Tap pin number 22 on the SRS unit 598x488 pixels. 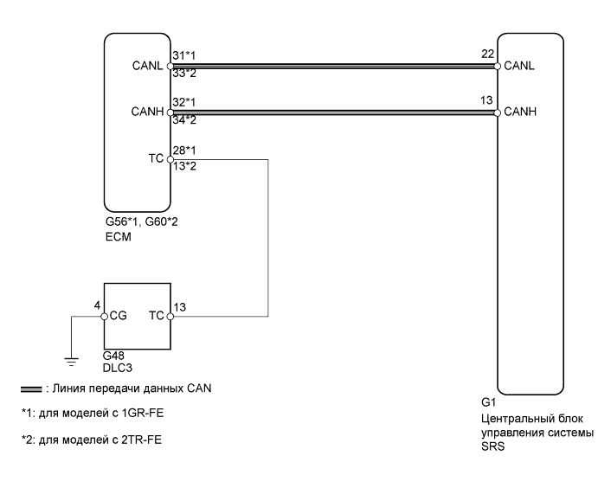[485, 55]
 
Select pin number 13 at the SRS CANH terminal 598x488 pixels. [485, 101]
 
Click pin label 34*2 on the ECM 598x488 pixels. [183, 120]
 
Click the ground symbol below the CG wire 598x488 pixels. [73, 355]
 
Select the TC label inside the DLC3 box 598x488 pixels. [156, 317]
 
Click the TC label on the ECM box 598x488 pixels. [157, 159]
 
